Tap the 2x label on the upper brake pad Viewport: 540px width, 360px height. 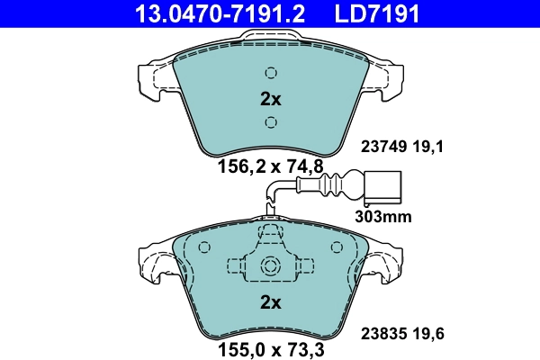[x=270, y=98]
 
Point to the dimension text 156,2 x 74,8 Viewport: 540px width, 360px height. [x=269, y=166]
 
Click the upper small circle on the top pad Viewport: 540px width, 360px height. [x=270, y=74]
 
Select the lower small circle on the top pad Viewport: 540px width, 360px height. [x=270, y=122]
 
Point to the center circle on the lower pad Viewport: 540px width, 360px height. [x=270, y=266]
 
